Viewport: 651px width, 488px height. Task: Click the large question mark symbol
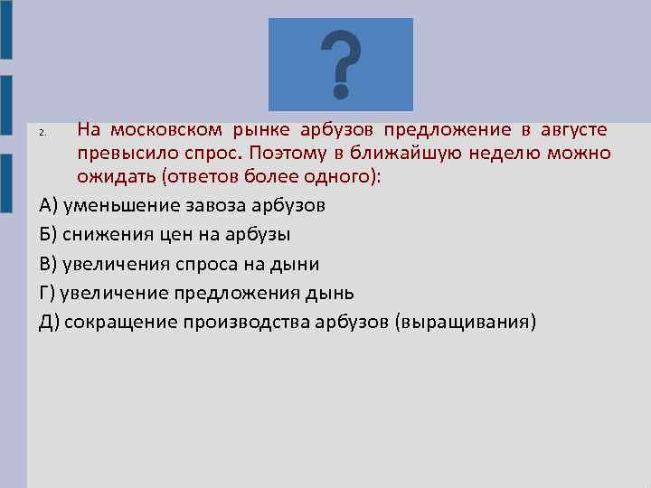tap(341, 64)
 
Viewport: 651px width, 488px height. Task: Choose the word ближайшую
tap(401, 155)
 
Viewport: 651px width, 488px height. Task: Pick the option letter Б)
tap(49, 235)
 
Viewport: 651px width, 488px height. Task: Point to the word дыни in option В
tap(296, 264)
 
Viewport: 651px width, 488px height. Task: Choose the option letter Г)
tap(49, 293)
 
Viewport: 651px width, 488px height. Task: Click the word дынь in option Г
tap(332, 293)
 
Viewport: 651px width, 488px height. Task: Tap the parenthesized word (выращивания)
tap(466, 322)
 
